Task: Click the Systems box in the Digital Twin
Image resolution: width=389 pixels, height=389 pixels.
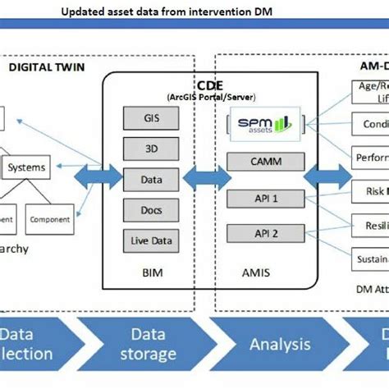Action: coord(27,167)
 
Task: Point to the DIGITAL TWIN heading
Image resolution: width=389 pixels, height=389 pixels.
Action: coord(46,68)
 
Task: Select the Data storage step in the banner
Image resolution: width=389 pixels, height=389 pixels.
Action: coord(149,345)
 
